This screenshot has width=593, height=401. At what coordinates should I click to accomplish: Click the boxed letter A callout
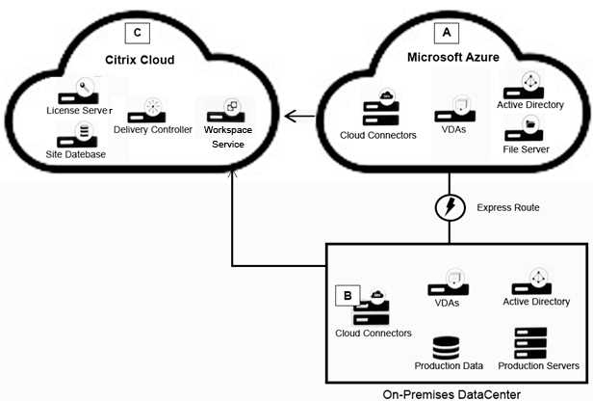click(446, 33)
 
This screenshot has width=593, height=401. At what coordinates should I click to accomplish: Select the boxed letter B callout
click(347, 296)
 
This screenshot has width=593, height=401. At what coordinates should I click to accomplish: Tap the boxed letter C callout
click(139, 33)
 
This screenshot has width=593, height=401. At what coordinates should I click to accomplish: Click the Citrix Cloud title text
click(140, 60)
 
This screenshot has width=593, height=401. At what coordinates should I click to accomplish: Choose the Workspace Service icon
click(230, 108)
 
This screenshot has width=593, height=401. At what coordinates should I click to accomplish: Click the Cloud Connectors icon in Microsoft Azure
click(377, 107)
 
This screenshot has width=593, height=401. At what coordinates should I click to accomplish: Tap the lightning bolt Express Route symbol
click(449, 207)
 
